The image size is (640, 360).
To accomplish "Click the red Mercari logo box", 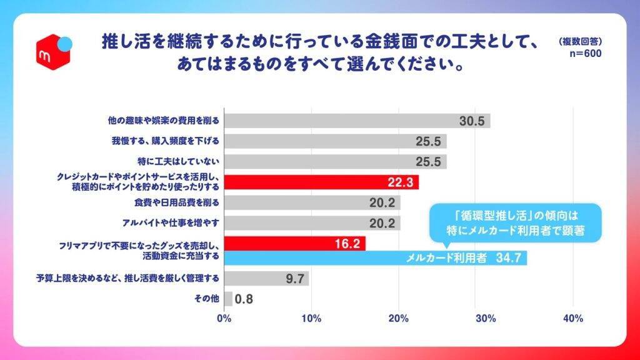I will pos(53,52).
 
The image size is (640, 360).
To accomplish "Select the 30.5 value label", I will pos(472,121).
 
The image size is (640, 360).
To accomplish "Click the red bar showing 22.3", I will pos(321,182).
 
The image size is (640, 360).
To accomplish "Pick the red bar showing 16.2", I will pos(294,243).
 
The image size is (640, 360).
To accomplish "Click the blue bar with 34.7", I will pos(375,258).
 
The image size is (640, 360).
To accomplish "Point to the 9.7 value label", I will pos(294,279).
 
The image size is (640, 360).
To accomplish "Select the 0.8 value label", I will pos(244,299).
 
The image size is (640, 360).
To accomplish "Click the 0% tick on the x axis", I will pos(224,319).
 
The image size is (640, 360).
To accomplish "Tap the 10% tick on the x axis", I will pos(311,319).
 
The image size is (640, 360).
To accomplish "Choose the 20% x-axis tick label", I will pos(399,319).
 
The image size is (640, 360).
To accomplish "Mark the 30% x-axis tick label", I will pos(486,319).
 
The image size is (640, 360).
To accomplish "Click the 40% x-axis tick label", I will pos(573,319).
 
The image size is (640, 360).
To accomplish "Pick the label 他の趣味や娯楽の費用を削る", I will pos(167,121).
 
